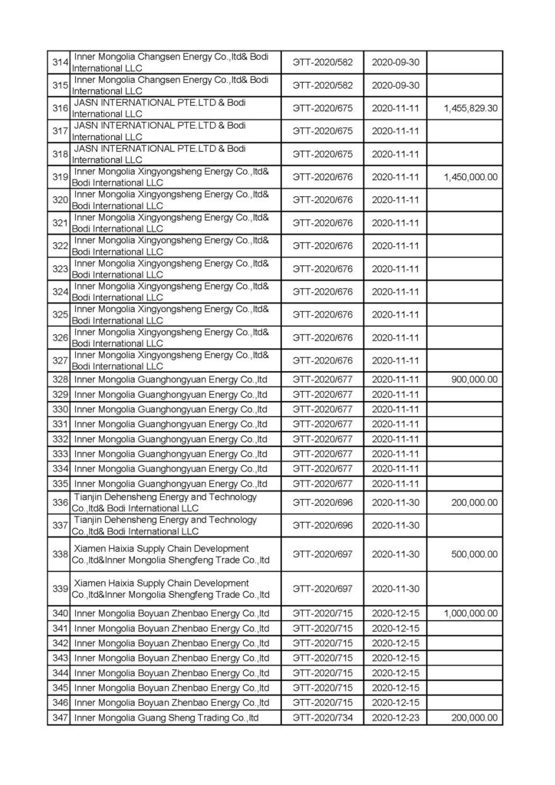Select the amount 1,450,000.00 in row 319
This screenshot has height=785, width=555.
[471, 177]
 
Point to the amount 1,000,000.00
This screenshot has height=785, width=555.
[471, 613]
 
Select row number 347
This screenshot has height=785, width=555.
[59, 718]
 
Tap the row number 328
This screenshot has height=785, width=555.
[59, 379]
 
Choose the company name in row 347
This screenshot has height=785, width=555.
[165, 718]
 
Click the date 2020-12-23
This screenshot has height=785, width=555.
[397, 718]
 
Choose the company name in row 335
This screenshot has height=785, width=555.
[170, 483]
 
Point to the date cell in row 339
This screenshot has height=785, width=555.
[397, 589]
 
